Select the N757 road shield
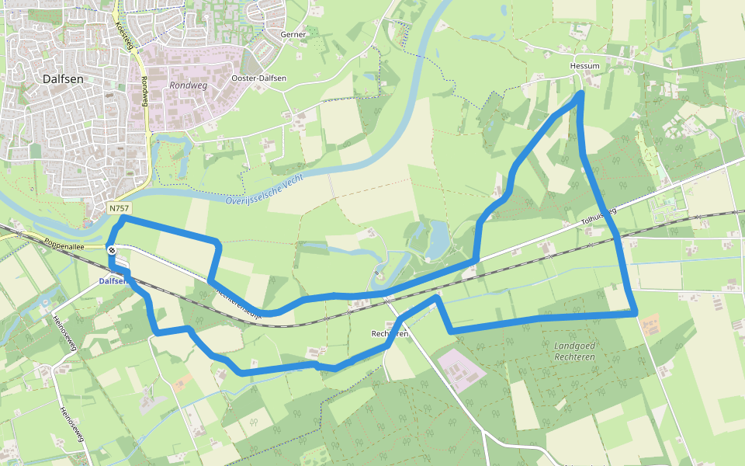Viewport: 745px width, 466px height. tap(119, 209)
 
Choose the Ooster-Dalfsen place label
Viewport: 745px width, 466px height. tap(259, 78)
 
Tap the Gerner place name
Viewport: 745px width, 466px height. tap(293, 34)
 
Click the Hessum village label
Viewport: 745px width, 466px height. tap(584, 66)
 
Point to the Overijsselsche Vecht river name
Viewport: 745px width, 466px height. tap(265, 189)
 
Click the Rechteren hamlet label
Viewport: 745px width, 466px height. tap(390, 333)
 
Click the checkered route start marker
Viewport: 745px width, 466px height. tap(113, 250)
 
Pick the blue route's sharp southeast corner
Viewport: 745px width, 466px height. tap(636, 313)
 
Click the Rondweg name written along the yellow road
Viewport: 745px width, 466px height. tap(145, 92)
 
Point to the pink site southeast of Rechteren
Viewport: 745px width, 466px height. tap(462, 369)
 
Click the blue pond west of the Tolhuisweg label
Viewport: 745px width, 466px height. tap(437, 239)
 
